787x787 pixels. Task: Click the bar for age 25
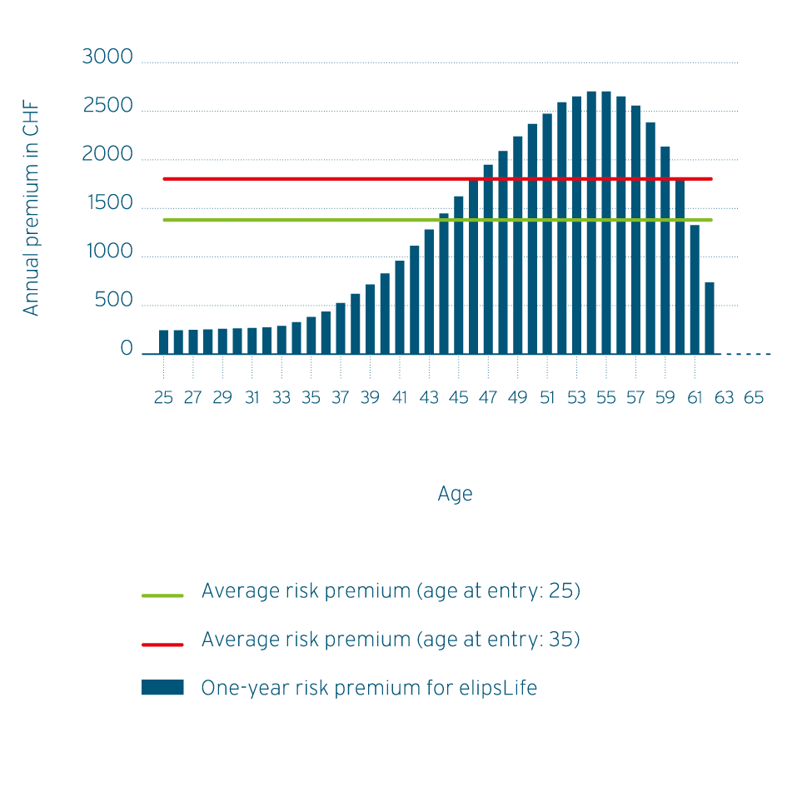click(163, 341)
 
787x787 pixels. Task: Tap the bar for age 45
click(459, 275)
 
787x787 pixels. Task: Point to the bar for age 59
click(665, 250)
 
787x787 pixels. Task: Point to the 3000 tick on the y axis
click(107, 57)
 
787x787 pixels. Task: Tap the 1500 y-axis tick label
click(107, 204)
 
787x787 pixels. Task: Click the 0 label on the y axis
click(127, 350)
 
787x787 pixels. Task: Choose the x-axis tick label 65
click(754, 398)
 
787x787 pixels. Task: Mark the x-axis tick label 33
click(281, 398)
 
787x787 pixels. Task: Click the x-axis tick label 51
click(547, 398)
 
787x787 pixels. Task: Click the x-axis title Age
click(455, 494)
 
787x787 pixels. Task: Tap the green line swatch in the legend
click(162, 595)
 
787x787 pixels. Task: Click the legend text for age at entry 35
click(391, 640)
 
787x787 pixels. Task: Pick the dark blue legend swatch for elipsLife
click(162, 688)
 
